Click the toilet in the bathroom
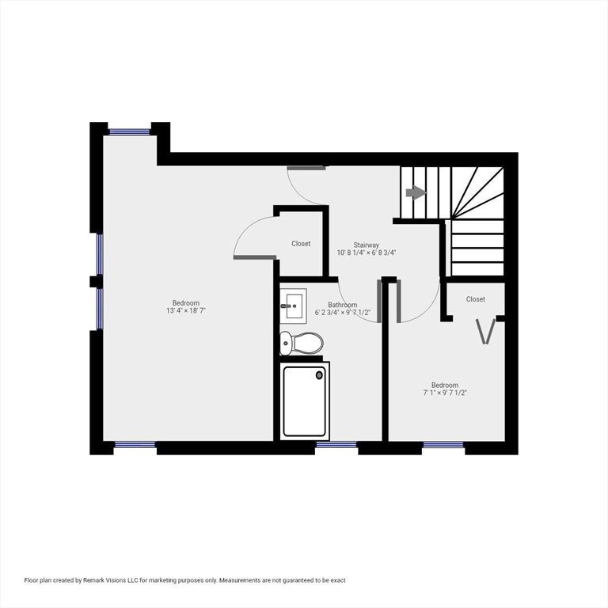(302, 343)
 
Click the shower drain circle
(320, 374)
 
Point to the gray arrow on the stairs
(416, 192)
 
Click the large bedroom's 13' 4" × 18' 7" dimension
(186, 310)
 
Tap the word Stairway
(366, 245)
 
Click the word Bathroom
(343, 305)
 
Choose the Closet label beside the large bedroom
(301, 244)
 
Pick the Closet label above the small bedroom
(475, 299)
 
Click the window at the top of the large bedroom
(130, 132)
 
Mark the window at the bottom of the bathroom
(336, 446)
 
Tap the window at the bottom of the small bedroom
(443, 446)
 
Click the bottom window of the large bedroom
(135, 446)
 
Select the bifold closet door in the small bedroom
(486, 331)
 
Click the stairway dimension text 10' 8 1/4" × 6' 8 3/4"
(366, 253)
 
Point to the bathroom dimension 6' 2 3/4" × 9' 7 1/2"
(343, 313)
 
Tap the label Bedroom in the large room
(186, 302)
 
